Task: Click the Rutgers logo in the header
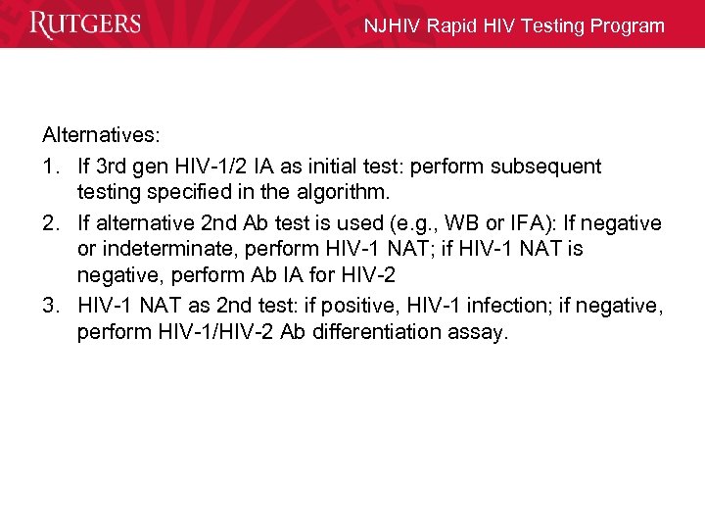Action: [85, 24]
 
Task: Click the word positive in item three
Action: [361, 305]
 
